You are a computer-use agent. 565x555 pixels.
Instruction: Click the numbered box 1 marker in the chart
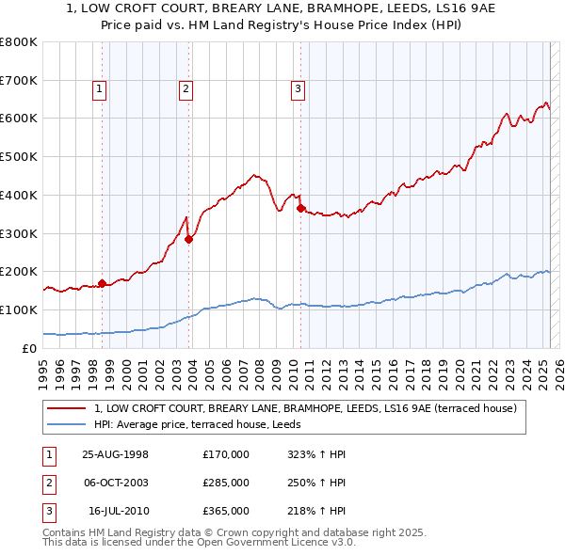tap(99, 89)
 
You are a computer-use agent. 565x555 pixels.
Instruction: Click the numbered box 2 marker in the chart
tap(186, 89)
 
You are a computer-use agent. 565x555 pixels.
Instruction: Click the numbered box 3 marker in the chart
tap(298, 89)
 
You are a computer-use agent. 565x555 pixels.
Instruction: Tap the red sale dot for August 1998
tap(102, 282)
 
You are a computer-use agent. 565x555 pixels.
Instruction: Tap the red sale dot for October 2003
tap(188, 239)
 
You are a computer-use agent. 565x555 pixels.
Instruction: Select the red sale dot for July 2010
tap(300, 208)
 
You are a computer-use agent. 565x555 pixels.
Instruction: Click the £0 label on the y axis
tap(29, 348)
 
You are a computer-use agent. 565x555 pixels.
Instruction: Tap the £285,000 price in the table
tap(226, 483)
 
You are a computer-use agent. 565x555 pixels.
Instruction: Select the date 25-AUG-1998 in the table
tap(116, 454)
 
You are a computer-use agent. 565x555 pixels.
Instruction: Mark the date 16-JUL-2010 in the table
tap(119, 511)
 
